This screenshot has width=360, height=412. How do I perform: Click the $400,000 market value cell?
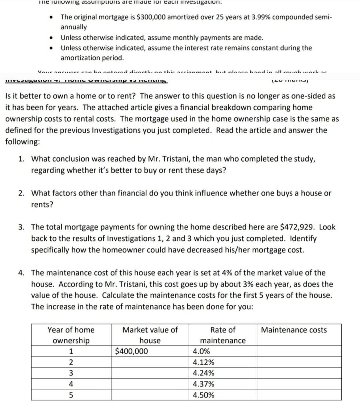tap(131, 351)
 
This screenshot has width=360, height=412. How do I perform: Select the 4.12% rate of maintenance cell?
tap(203, 362)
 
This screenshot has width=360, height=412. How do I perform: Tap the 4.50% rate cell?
tap(203, 395)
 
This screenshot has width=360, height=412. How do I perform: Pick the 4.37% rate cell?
tap(203, 384)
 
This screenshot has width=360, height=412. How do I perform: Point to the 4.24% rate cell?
tap(203, 373)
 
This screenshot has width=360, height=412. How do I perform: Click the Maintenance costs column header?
tap(294, 330)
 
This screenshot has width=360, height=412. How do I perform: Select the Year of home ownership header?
tap(71, 335)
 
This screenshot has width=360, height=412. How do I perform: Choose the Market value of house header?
tap(150, 335)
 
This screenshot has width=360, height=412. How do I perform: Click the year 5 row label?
tap(71, 395)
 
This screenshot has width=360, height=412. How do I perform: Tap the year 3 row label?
tap(71, 373)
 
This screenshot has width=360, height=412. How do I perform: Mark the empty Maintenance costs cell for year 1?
tap(299, 351)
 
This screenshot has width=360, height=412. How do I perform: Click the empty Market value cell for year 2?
tap(150, 362)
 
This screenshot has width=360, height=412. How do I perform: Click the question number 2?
tap(21, 193)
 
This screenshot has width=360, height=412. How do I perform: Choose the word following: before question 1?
tap(22, 142)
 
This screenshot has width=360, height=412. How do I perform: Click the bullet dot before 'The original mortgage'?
tap(52, 17)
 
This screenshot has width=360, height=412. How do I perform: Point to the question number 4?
tap(21, 273)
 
